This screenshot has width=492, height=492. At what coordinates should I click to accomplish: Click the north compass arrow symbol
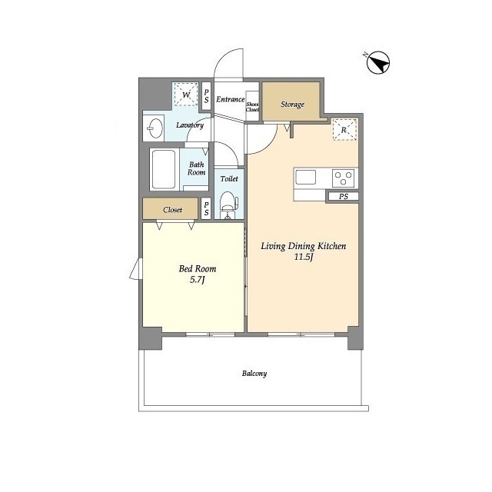(377, 63)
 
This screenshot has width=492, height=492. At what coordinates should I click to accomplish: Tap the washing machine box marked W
(186, 94)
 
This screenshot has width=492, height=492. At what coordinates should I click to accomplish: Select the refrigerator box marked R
(344, 129)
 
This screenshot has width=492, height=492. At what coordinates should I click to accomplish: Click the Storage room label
(292, 105)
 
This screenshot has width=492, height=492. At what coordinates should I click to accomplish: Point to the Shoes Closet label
(252, 107)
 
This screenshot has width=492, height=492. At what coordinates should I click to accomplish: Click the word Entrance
(230, 99)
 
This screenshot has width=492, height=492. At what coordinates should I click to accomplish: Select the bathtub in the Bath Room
(163, 169)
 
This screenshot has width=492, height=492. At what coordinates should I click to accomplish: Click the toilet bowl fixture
(228, 201)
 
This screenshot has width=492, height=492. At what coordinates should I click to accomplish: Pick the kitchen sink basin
(306, 178)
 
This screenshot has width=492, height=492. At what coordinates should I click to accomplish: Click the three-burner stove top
(344, 178)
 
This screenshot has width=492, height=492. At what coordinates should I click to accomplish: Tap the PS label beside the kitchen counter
(344, 197)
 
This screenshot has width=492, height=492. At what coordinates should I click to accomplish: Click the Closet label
(172, 210)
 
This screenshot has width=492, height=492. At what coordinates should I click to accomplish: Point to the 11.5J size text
(304, 258)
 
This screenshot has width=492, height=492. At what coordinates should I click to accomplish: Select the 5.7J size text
(197, 280)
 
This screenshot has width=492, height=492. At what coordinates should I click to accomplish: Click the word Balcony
(254, 374)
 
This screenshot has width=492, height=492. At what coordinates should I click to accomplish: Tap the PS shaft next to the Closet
(206, 208)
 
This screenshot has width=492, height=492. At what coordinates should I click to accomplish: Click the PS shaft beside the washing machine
(206, 96)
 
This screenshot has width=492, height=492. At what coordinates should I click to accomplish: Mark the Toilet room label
(229, 179)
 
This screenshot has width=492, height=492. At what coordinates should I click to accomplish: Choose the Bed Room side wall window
(137, 268)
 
